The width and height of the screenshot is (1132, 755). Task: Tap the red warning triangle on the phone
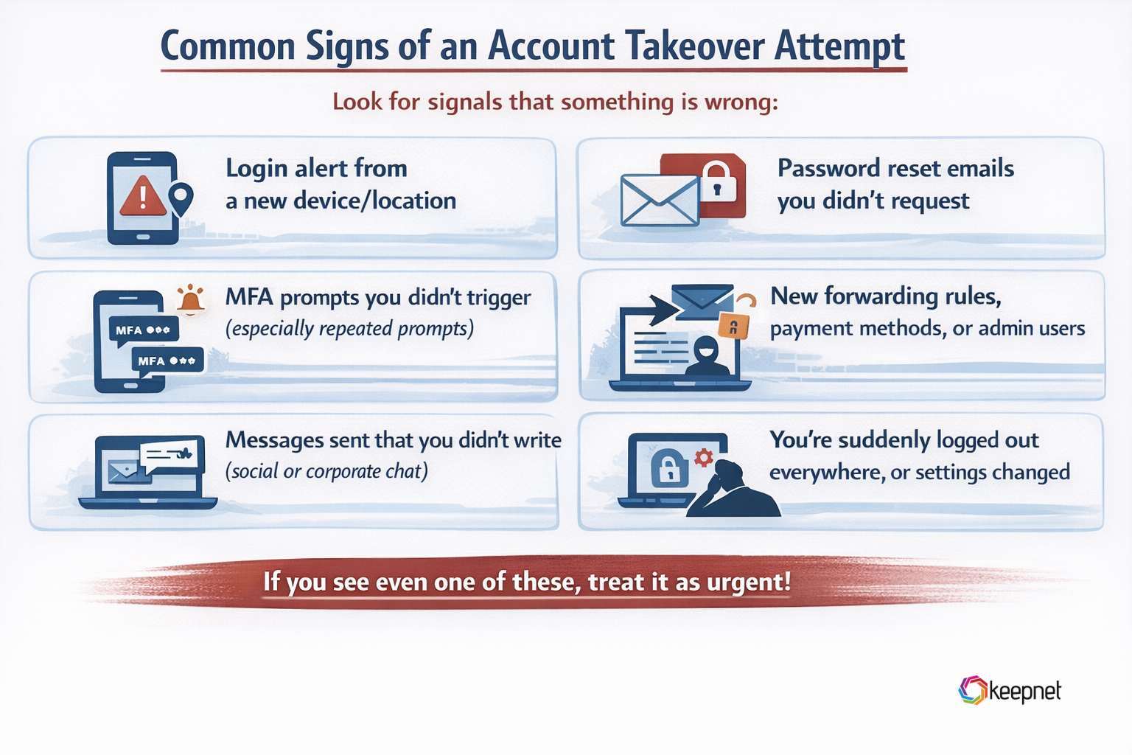[143, 197]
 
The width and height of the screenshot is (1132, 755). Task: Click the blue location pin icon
[181, 198]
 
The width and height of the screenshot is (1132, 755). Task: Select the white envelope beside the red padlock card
[660, 200]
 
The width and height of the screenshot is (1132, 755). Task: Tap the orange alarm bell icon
[191, 299]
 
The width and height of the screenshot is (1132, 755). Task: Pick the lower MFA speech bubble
[167, 361]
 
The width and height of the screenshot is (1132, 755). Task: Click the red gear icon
[704, 457]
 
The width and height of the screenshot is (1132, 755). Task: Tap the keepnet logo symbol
[972, 690]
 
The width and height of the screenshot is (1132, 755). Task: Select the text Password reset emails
[895, 168]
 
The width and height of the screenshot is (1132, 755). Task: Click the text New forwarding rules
[885, 296]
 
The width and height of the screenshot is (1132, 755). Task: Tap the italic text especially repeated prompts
[349, 328]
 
